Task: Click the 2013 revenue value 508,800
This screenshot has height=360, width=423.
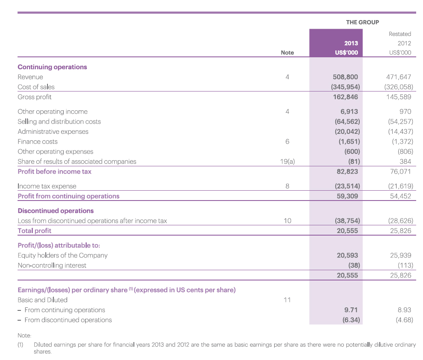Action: click(x=345, y=77)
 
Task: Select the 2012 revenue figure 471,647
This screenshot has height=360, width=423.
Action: click(x=399, y=77)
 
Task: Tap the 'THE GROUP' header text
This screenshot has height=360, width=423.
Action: click(x=363, y=22)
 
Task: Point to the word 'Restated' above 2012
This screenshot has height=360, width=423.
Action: click(x=400, y=34)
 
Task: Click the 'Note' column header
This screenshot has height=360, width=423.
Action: click(x=287, y=53)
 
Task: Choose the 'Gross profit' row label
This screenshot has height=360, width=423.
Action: click(x=35, y=97)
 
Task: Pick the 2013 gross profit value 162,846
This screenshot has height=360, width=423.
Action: click(x=346, y=97)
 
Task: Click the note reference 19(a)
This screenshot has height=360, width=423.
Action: click(x=287, y=162)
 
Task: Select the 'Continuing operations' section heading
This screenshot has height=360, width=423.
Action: click(x=52, y=67)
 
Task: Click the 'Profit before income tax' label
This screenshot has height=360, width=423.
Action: click(x=54, y=171)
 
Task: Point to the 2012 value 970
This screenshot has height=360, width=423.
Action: click(x=405, y=111)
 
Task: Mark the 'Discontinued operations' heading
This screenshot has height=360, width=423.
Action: click(x=56, y=211)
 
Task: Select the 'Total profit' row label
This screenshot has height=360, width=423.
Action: click(x=35, y=231)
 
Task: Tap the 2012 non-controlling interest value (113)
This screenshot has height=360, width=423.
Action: click(x=405, y=266)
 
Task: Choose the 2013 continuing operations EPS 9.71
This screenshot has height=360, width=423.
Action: click(x=351, y=310)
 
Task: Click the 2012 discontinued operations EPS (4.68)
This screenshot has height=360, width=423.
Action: click(x=404, y=320)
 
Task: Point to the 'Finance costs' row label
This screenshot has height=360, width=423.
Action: click(x=38, y=142)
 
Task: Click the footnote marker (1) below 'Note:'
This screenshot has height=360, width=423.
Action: click(x=21, y=345)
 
